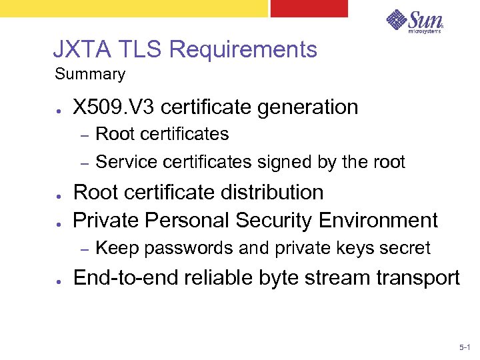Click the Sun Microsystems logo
(415, 21)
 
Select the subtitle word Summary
(89, 74)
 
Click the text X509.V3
(114, 107)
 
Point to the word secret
(406, 249)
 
